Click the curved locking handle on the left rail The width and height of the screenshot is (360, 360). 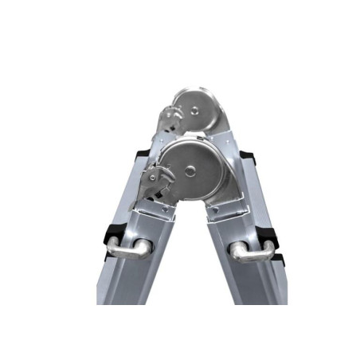coord(127,248)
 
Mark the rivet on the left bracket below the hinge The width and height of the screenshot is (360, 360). coord(165,209)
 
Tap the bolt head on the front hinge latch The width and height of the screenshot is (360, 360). coord(151,171)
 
